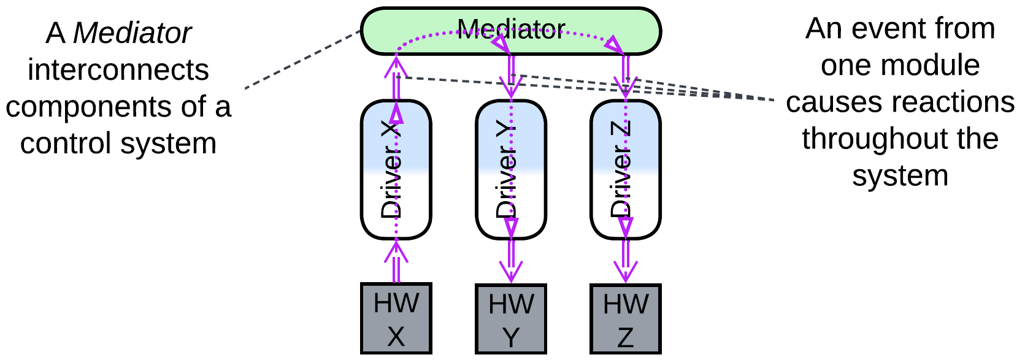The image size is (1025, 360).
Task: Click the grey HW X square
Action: tap(396, 319)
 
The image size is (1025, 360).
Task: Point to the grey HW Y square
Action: tap(511, 319)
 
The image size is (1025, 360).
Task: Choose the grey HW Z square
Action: tap(625, 319)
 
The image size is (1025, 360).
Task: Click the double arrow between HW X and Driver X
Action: tap(396, 263)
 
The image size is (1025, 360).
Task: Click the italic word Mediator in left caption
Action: tap(132, 33)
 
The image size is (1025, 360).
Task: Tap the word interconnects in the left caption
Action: tap(118, 70)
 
